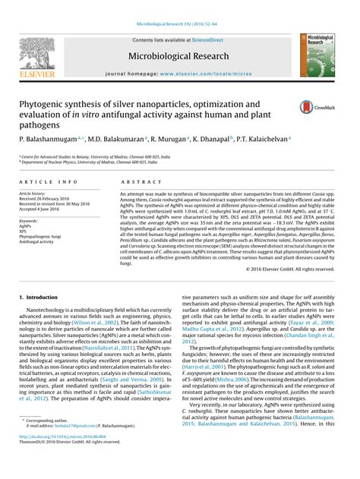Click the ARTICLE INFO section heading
pyautogui.click(x=48, y=182)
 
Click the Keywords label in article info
pyautogui.click(x=31, y=220)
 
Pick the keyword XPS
pyautogui.click(x=24, y=231)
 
